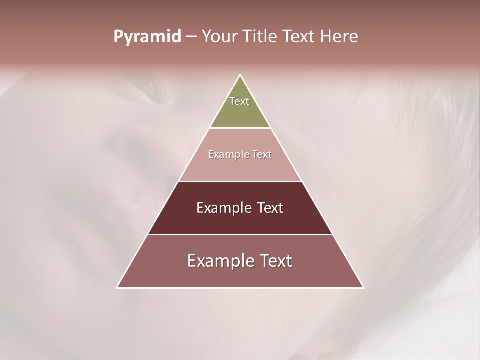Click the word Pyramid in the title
(x=147, y=37)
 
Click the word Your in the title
(x=219, y=37)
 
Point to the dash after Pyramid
(x=191, y=37)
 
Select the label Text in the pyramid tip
(x=239, y=101)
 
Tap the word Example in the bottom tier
(x=219, y=261)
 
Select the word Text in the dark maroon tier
(x=270, y=208)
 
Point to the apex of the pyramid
(x=240, y=76)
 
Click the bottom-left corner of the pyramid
(x=117, y=287)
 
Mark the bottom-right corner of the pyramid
(x=363, y=287)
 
